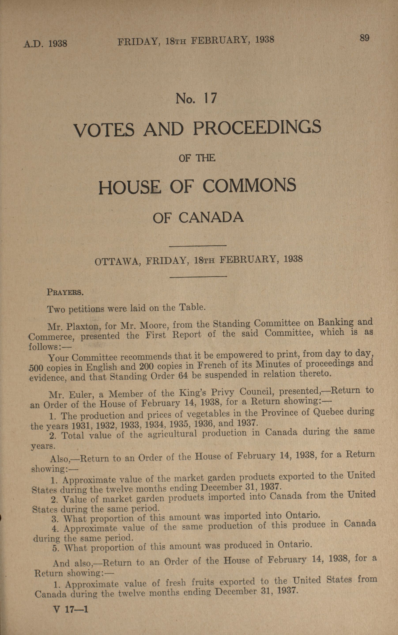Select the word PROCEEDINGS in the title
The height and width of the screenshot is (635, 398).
point(257,127)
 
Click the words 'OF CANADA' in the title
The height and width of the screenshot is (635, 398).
point(198,218)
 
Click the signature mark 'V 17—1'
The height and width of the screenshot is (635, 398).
point(70,607)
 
